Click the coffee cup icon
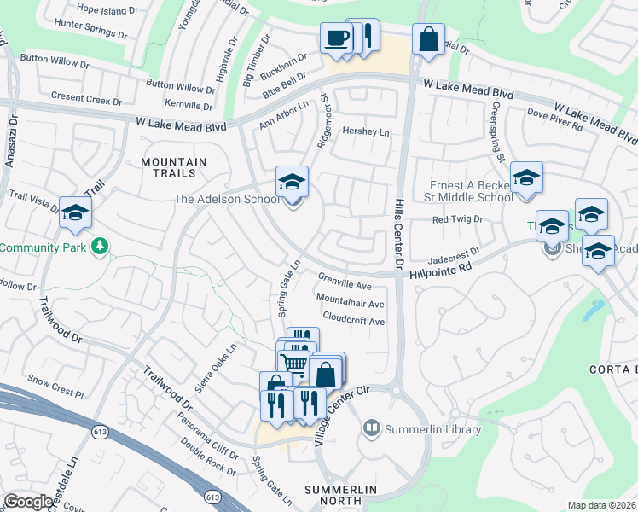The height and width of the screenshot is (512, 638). click(x=336, y=38)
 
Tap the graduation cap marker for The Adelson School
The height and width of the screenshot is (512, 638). click(x=292, y=183)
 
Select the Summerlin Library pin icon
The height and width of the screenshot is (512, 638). click(x=371, y=427)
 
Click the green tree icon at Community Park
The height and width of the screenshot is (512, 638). click(x=101, y=247)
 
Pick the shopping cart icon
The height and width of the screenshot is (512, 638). click(x=294, y=364)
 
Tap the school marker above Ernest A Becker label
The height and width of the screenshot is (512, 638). click(x=526, y=178)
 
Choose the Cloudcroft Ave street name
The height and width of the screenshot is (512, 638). click(x=354, y=322)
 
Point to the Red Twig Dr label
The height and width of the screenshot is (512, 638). click(x=457, y=219)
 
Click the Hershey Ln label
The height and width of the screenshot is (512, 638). click(x=365, y=131)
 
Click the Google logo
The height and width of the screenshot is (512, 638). click(x=28, y=502)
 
